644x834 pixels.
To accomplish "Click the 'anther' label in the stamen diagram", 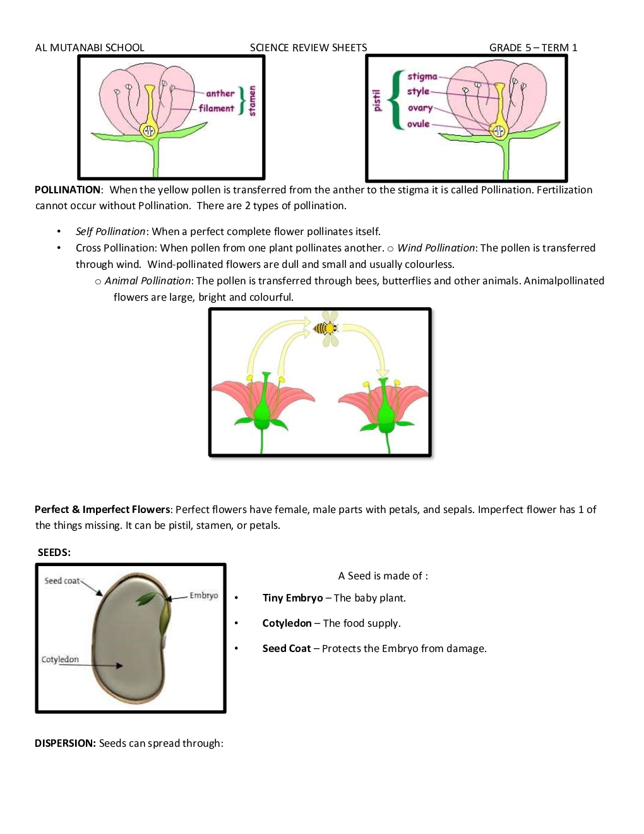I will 220,94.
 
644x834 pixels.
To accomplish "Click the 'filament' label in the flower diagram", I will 216,108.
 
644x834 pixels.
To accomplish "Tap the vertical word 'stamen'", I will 253,101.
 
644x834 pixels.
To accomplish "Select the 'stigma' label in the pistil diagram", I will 422,76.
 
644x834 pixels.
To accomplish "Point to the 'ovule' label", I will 418,124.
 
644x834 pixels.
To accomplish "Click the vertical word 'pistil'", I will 377,100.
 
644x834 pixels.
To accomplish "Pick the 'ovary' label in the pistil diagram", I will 420,108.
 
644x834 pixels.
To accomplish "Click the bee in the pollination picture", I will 326,328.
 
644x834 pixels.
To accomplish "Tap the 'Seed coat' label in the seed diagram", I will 62,581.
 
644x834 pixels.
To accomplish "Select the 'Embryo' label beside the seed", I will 203,595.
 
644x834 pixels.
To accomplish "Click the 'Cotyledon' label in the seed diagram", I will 60,659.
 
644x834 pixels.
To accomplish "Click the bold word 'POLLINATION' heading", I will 68,190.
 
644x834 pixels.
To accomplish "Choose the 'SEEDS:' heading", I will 54,552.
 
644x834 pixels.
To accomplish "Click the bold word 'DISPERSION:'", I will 65,743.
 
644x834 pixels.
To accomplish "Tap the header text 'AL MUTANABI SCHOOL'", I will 90,47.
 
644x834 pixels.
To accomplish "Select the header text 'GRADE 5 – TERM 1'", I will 533,47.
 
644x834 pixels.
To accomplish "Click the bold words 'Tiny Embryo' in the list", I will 292,598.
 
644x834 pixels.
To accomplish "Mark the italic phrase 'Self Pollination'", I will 110,231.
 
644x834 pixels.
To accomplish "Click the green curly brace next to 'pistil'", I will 397,100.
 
